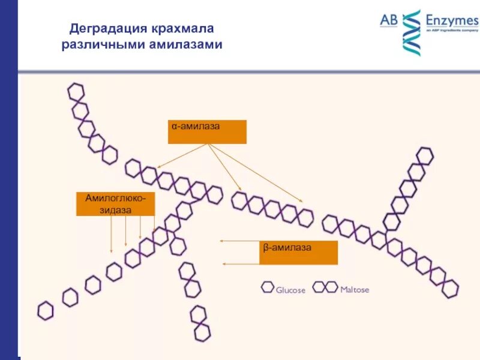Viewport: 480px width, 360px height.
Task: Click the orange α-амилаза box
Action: tap(207, 131)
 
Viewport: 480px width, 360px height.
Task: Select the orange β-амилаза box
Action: tap(299, 253)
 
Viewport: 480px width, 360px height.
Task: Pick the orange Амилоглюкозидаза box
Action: tap(115, 203)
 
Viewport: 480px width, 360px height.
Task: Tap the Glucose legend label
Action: tap(290, 290)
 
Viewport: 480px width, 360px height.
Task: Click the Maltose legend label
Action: tap(355, 290)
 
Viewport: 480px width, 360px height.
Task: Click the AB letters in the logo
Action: tap(389, 20)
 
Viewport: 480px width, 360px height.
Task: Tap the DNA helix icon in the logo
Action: tap(411, 32)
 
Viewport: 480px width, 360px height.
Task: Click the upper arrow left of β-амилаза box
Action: tap(239, 241)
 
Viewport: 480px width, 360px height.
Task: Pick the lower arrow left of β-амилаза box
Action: tap(241, 263)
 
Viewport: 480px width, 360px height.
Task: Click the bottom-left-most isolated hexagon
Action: tap(46, 310)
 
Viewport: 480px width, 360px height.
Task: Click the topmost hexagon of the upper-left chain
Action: tap(76, 92)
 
